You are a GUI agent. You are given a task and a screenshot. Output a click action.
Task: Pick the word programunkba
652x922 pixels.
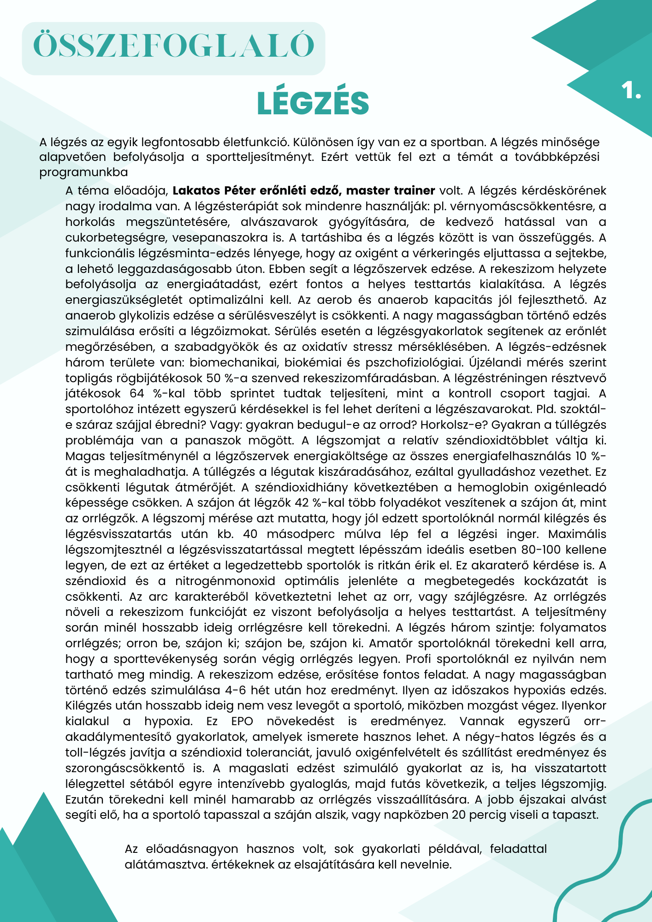pos(83,173)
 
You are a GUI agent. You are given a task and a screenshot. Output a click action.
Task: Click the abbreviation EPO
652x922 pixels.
pos(243,721)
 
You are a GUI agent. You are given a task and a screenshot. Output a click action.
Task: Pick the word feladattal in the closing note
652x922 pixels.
pos(518,849)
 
